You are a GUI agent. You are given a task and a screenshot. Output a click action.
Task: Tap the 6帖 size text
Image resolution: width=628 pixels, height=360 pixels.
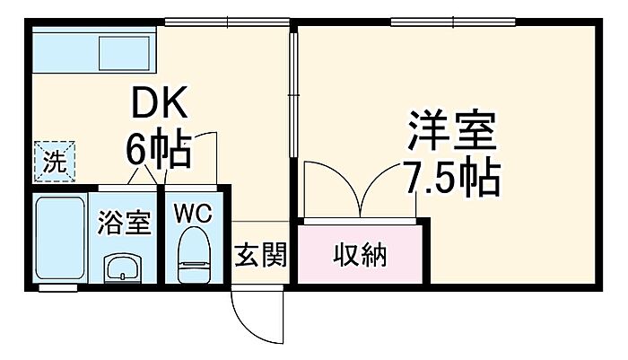coord(158,151)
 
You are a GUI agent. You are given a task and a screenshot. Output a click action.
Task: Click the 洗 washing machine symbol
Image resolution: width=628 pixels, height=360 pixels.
coord(55,163)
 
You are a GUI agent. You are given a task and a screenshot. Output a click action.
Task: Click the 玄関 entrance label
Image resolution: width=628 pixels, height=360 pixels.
coord(261,256)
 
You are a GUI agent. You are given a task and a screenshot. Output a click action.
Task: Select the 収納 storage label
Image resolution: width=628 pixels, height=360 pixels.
coord(361,256)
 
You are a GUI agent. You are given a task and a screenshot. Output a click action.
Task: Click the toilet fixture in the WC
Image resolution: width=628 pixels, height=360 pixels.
coord(192,253)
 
